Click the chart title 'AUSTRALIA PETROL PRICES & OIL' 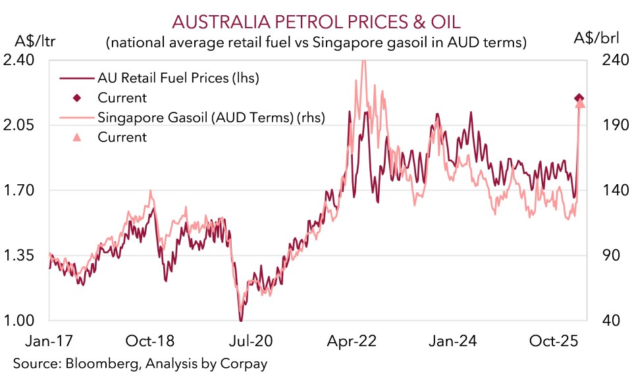pyautogui.click(x=315, y=22)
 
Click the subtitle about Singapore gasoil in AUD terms pyautogui.click(x=315, y=43)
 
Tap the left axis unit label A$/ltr pyautogui.click(x=31, y=42)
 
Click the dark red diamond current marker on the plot pyautogui.click(x=579, y=98)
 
